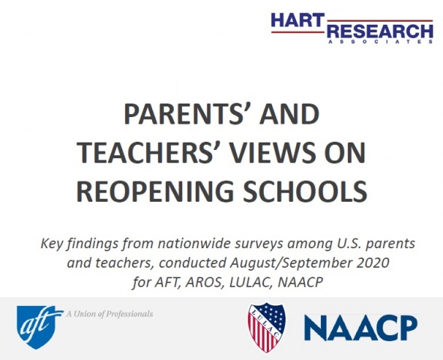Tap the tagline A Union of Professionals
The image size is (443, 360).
[109, 313]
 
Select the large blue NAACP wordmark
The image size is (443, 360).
[361, 328]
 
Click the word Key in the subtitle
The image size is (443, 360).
[54, 245]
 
